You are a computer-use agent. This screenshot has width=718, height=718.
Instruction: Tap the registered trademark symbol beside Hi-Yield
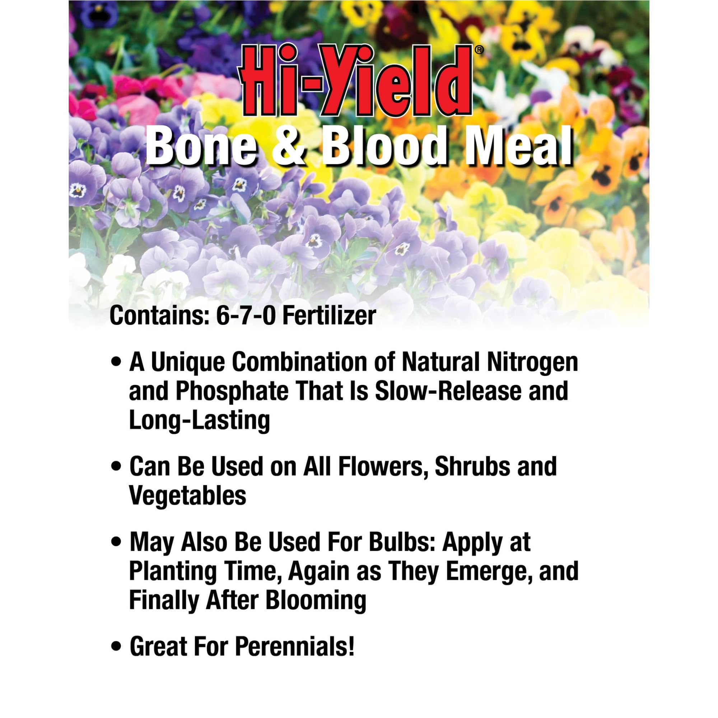(480, 50)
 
